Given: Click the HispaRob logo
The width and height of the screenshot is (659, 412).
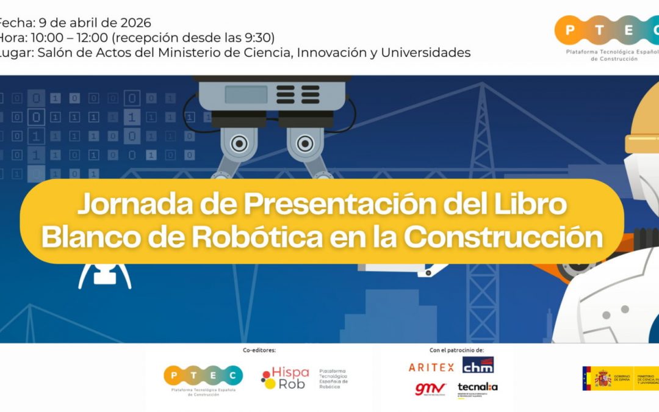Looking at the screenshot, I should (284, 378).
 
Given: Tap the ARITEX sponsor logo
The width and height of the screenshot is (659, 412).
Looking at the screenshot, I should (431, 367).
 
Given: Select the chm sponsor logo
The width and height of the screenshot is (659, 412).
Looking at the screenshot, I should (478, 366).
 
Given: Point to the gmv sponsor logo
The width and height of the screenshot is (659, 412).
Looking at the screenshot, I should (430, 389).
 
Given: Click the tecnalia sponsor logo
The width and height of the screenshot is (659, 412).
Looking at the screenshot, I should (477, 388).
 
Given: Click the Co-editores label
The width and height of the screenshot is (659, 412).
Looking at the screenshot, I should (259, 350).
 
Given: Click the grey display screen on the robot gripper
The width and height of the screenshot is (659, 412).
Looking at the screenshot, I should (246, 95).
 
